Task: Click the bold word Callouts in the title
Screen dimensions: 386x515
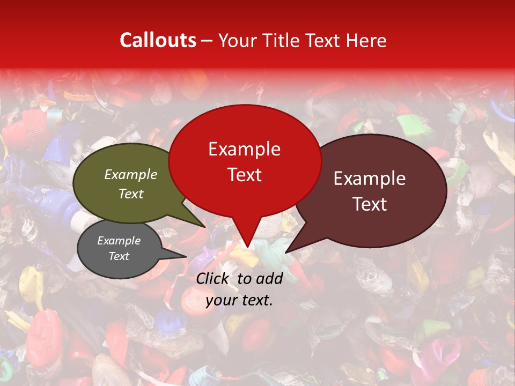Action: [x=158, y=40]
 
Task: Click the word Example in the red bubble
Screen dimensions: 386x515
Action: [x=244, y=149]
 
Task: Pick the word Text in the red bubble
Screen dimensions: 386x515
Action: [x=244, y=175]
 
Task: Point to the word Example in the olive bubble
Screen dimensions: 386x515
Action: [x=130, y=174]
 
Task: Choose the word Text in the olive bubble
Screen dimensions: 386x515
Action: [x=130, y=194]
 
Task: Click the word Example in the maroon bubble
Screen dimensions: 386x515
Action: [x=370, y=179]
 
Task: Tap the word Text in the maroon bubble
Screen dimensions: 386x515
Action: [x=370, y=204]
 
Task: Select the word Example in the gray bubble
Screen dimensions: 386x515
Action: [x=119, y=241]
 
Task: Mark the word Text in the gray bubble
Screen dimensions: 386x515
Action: [x=119, y=256]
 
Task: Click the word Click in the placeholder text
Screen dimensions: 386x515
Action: [x=212, y=278]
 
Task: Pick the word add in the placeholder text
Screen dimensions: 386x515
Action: [x=269, y=278]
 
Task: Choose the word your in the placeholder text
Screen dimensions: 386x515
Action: [x=220, y=300]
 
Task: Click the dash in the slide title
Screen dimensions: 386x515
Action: [x=207, y=40]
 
